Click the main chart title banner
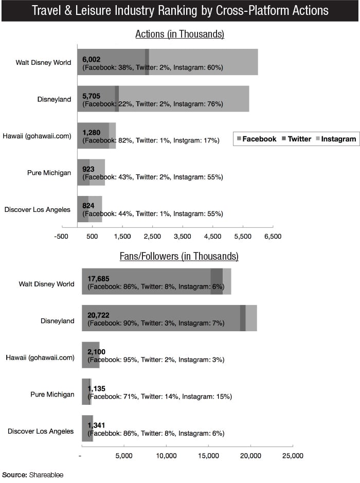[180, 11]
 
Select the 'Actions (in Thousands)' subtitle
[179, 34]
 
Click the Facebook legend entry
[256, 139]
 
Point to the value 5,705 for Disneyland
[91, 96]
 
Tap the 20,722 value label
[99, 315]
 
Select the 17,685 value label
[99, 278]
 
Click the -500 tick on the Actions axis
[62, 237]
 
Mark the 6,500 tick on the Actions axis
[273, 237]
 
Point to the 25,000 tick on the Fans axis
[293, 456]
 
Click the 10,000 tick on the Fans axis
[166, 456]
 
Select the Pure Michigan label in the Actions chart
[49, 173]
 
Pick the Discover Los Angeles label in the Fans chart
[41, 431]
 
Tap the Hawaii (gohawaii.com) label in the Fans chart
[40, 357]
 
